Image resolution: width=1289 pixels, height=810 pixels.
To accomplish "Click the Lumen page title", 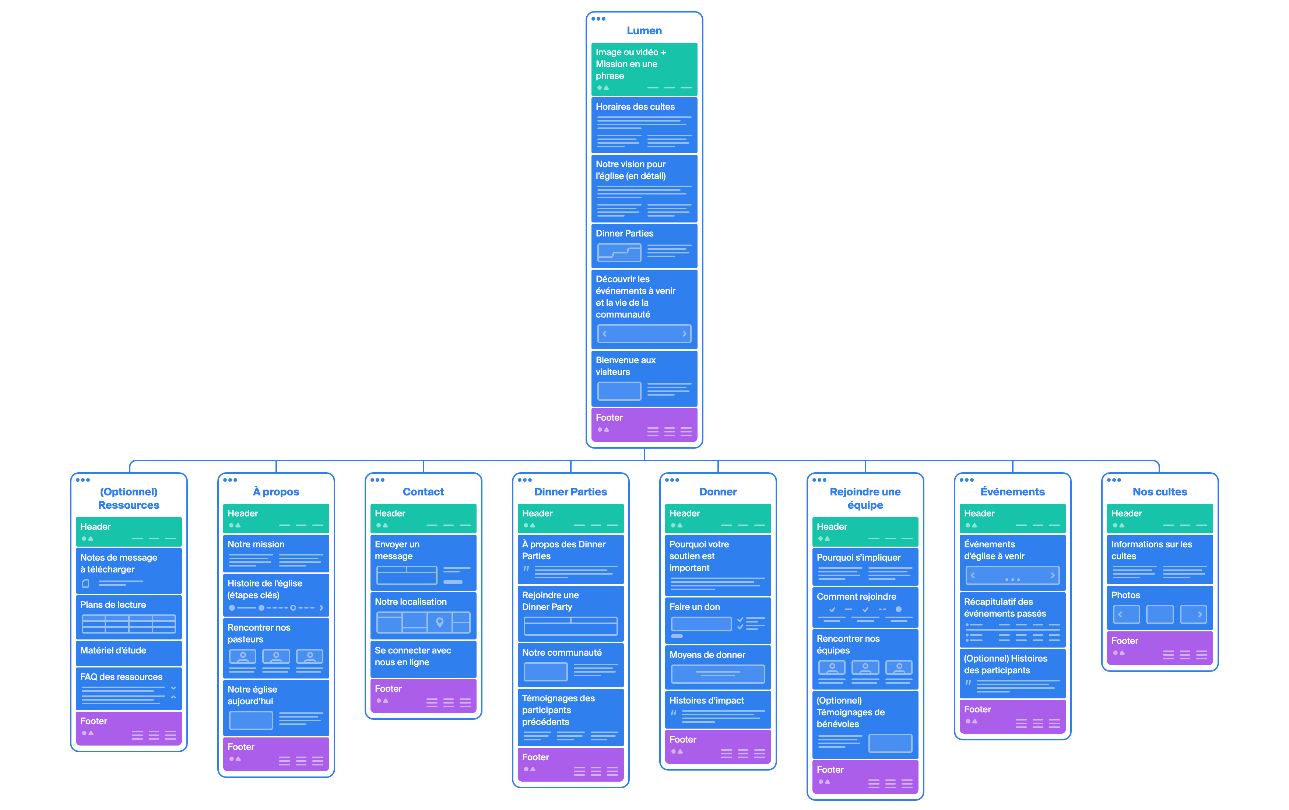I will pos(644,31).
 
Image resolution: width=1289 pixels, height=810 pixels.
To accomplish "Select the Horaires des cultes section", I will pos(644,125).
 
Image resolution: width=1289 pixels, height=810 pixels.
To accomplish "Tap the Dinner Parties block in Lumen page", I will pos(644,246).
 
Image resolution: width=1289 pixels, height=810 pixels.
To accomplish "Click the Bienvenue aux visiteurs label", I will pos(625,366).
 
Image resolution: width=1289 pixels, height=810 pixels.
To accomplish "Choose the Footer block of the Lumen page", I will pos(644,425).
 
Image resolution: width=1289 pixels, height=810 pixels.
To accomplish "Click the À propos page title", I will pos(276,491).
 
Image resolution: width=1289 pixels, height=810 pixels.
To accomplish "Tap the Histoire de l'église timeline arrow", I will pos(321,608).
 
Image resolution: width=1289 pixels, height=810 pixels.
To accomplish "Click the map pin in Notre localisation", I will pos(439,622).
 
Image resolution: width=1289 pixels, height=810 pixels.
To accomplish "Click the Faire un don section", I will pos(717,620).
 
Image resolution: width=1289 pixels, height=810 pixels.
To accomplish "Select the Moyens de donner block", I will pos(717,667).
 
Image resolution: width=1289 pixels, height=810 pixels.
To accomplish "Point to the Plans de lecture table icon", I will pos(129,624).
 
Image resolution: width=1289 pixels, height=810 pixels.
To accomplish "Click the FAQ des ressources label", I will pos(121,677).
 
